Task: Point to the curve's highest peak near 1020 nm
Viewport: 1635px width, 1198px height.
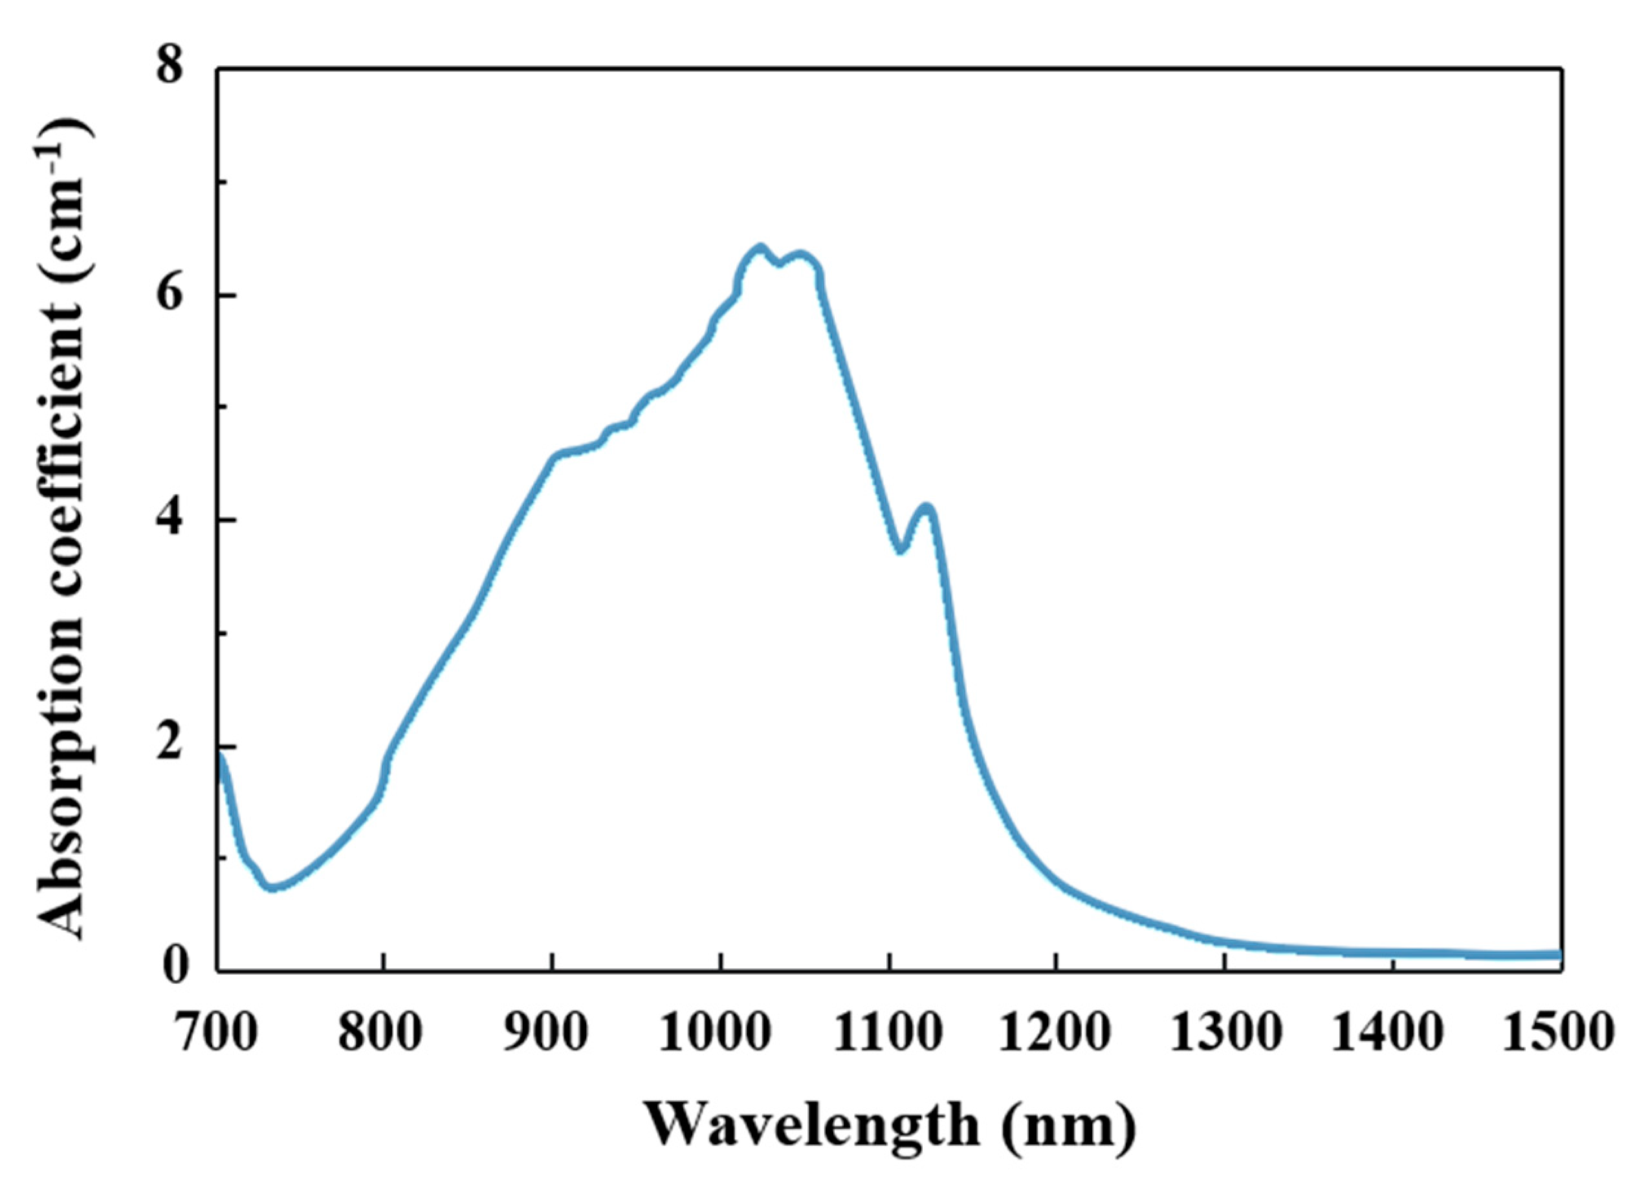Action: pos(760,247)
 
